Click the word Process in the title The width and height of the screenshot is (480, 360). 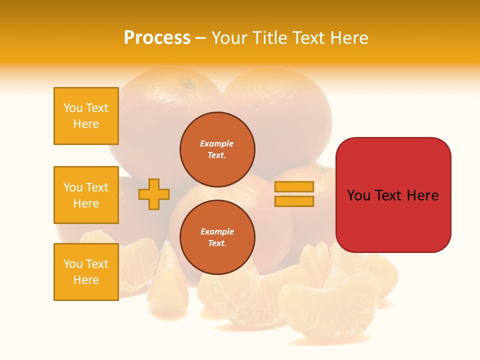point(157,37)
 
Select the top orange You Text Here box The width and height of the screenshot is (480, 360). point(86,116)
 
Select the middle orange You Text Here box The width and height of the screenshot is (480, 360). point(86,195)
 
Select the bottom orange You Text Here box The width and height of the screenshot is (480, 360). point(86,272)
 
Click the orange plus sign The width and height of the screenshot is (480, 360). point(154,194)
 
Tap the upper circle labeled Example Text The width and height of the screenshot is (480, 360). point(217,149)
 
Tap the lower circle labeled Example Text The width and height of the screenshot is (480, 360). point(217,237)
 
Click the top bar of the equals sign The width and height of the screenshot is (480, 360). point(294,186)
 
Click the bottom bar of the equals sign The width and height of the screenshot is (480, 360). point(294,201)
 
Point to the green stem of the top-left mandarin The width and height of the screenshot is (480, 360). point(189,84)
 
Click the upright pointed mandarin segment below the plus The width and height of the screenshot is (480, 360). point(167,285)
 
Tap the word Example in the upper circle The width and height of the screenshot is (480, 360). point(217,143)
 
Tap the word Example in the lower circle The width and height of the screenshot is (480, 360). point(217,231)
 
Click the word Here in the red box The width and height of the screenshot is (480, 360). point(423,195)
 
